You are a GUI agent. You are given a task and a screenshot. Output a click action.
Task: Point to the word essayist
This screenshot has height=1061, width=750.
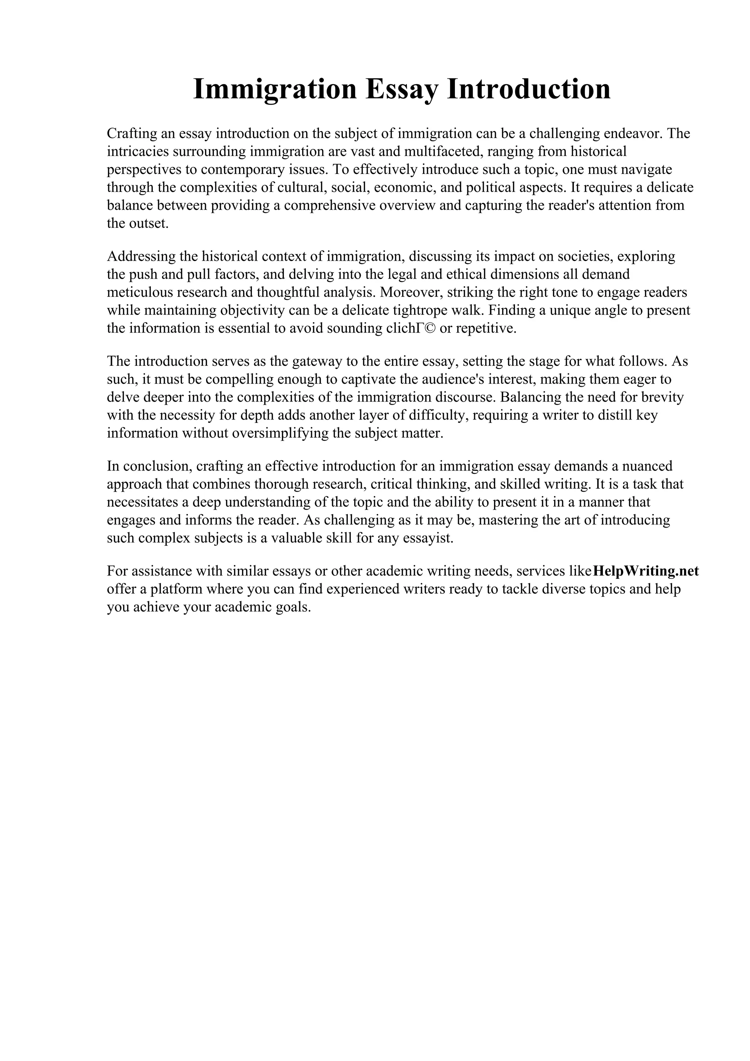coord(432,538)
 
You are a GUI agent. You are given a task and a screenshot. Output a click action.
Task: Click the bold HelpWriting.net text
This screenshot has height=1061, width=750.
coord(645,571)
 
